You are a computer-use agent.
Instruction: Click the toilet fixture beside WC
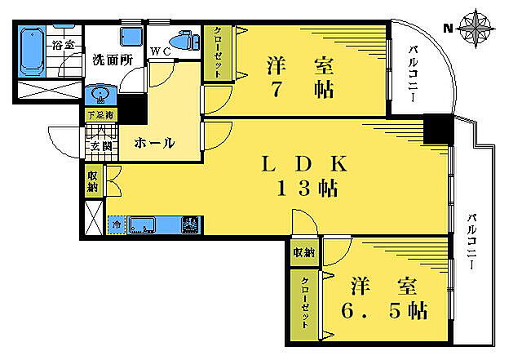coord(184,41)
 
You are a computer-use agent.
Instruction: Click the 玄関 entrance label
coord(101,146)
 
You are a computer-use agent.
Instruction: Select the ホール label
coord(153,143)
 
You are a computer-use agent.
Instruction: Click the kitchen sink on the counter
coord(142,224)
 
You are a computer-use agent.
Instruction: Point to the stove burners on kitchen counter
coord(190,223)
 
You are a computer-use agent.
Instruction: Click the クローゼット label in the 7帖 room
coord(218,53)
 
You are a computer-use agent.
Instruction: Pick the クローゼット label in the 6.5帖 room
coord(305,301)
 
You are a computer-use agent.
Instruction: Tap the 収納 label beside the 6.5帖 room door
coord(304,252)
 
